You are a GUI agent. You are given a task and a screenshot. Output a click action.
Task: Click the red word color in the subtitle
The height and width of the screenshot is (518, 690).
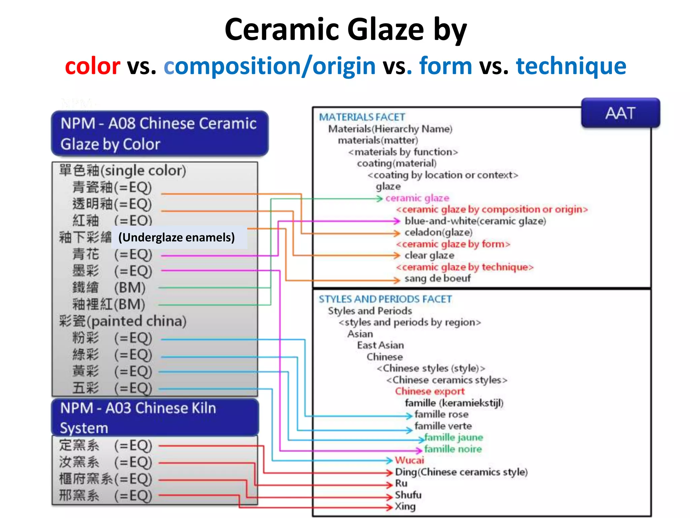tap(92, 66)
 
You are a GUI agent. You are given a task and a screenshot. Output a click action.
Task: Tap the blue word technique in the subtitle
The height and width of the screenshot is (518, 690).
tap(571, 66)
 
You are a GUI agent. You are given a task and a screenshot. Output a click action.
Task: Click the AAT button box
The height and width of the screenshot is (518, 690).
tap(620, 113)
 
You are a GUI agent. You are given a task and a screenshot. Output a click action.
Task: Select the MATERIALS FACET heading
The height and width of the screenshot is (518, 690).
tap(362, 117)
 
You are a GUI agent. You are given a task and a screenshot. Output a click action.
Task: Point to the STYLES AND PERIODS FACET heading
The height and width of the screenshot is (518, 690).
tap(385, 299)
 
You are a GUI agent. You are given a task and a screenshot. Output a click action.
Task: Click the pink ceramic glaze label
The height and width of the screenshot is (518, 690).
tap(417, 198)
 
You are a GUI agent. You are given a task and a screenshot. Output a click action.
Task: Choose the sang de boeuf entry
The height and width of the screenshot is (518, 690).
tap(437, 279)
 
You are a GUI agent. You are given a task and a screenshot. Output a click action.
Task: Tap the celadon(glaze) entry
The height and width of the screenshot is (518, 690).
tap(438, 232)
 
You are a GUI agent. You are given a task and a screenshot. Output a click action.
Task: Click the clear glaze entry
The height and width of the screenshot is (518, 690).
tap(429, 255)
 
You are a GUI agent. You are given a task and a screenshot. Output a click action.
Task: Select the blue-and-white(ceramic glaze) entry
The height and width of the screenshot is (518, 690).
tap(475, 221)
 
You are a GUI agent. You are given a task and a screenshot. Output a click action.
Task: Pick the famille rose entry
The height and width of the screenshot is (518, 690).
tap(441, 414)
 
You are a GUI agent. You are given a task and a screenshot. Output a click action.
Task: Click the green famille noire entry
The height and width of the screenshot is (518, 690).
tap(453, 449)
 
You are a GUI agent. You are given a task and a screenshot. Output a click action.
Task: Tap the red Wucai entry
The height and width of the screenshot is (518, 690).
tap(409, 460)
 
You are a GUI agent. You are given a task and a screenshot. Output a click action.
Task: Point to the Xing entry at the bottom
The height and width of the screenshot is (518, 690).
tap(405, 506)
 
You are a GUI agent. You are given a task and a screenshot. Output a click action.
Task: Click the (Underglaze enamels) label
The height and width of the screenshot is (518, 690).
tap(176, 237)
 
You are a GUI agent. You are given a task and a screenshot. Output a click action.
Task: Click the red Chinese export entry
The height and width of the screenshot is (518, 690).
tap(430, 391)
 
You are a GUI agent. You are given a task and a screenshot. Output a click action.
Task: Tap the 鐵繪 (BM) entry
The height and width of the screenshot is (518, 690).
tap(108, 288)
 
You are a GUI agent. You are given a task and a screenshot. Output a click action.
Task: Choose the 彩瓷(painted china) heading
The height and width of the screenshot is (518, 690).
tap(123, 321)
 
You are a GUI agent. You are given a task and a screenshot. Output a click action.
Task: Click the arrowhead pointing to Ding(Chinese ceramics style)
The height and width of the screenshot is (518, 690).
tap(390, 472)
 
